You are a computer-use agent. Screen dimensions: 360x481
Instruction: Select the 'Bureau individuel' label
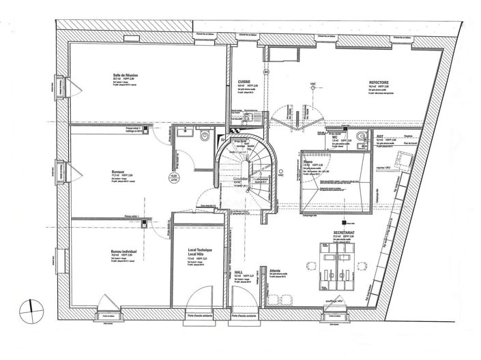click(124, 251)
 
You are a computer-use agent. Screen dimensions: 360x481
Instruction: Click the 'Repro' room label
click(317, 161)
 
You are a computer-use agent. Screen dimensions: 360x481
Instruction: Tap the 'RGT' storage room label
click(380, 136)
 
